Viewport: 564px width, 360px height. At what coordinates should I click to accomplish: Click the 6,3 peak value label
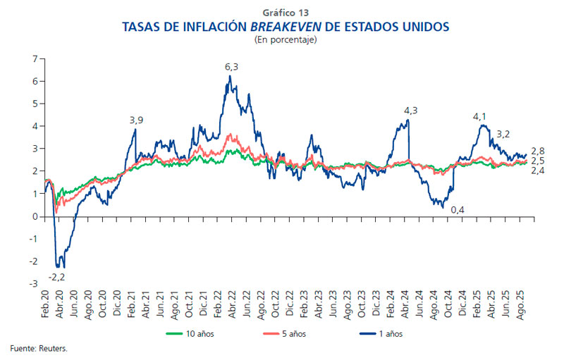231,67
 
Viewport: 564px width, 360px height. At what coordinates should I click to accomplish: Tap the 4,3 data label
410,111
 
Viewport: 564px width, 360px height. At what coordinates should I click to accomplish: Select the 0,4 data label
458,210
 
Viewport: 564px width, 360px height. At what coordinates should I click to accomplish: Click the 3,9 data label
137,120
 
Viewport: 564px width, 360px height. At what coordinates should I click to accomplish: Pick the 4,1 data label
480,116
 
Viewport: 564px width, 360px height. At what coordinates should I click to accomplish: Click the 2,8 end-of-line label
538,151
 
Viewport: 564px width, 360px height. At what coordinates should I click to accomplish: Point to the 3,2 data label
503,133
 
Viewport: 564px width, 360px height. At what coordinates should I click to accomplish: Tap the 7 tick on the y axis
34,58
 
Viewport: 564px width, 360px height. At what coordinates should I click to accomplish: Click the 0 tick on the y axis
34,216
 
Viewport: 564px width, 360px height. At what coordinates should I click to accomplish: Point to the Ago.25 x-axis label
523,304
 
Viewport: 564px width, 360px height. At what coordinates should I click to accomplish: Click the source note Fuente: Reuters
34,348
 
